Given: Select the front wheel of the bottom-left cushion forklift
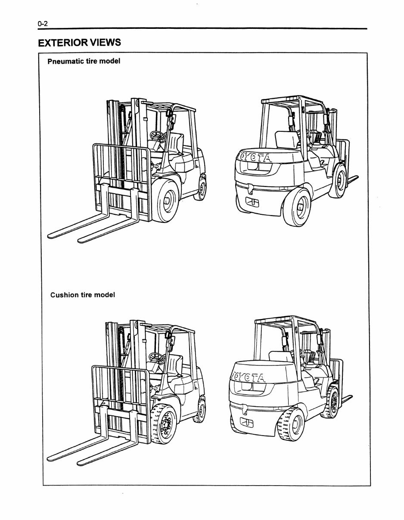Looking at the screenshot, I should point(164,424).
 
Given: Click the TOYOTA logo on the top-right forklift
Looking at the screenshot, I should point(256,158).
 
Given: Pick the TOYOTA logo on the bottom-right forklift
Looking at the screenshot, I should point(249,378).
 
